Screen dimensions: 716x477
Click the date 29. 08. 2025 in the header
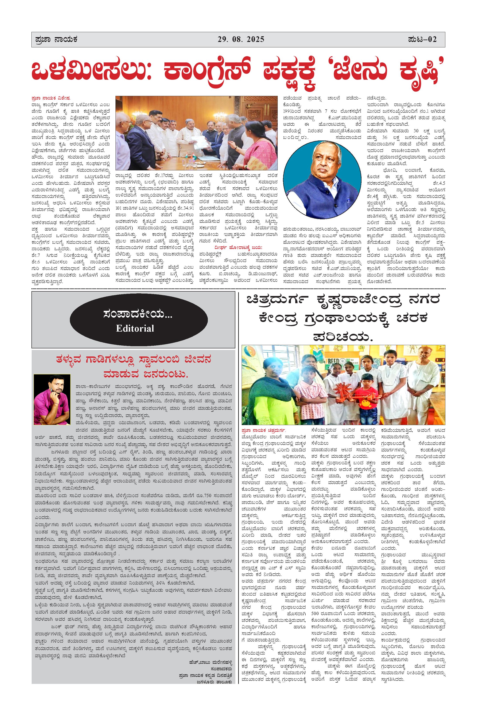tap(241, 39)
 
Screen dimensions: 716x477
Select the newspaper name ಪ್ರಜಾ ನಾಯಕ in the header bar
tap(56, 39)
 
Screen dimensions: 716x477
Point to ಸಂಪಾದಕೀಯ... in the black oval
tap(138, 314)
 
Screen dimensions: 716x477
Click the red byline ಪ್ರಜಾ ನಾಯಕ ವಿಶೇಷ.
tap(51, 98)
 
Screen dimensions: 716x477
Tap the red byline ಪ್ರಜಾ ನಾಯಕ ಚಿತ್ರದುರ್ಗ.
tap(263, 430)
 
